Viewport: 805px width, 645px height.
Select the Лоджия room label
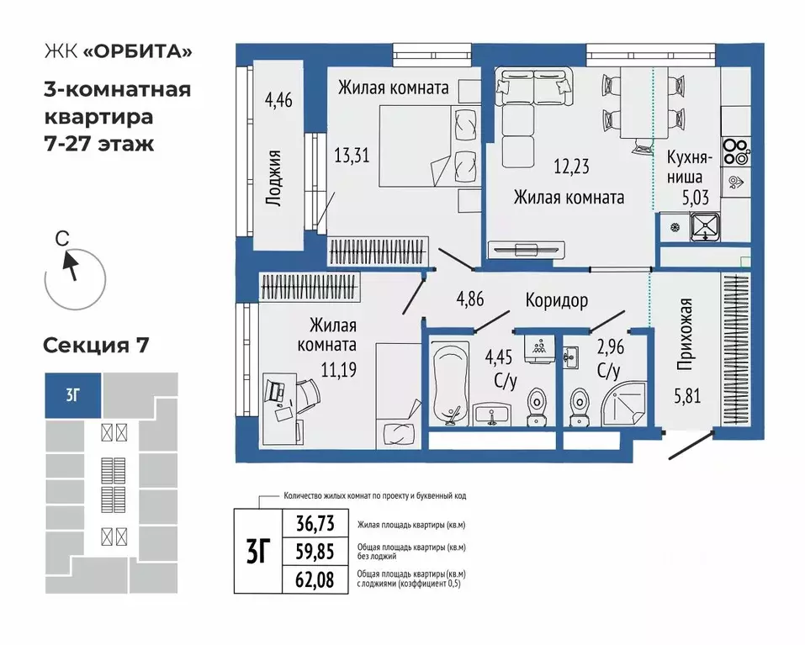tap(273, 177)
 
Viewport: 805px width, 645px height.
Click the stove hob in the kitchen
tap(735, 151)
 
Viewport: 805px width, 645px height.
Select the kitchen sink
tap(705, 225)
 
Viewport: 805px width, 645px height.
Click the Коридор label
tap(557, 300)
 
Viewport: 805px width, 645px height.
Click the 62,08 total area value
tap(315, 579)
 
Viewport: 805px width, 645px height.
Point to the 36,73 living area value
tap(315, 524)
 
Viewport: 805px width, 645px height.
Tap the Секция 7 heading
tap(95, 346)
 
